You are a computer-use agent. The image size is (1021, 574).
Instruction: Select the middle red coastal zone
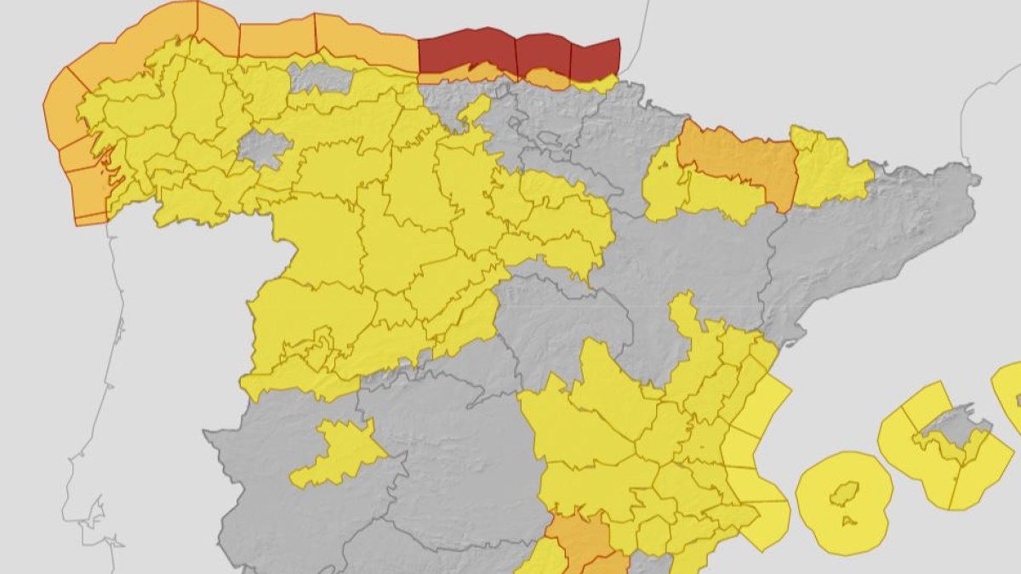[x=543, y=54]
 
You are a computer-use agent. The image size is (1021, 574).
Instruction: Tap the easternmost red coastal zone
[x=594, y=58]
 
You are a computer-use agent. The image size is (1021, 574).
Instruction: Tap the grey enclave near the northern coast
[x=320, y=78]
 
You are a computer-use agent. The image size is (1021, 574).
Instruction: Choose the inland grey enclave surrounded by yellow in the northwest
[x=263, y=148]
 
